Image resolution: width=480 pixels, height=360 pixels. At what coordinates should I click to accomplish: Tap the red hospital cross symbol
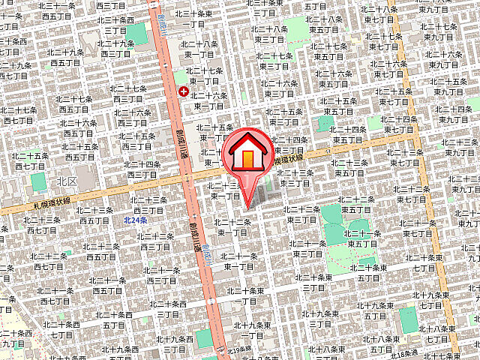(183, 91)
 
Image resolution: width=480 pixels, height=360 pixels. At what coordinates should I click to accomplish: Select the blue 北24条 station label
(136, 220)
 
